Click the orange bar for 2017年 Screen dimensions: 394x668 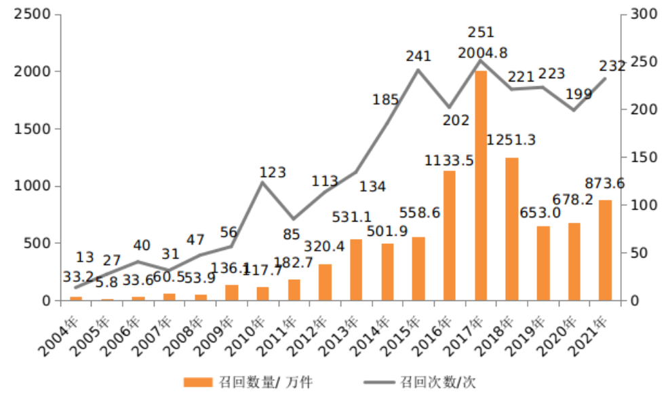tap(481, 185)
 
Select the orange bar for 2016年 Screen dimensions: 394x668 tap(450, 235)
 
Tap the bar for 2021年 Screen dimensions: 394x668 tap(606, 250)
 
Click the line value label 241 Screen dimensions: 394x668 tap(418, 56)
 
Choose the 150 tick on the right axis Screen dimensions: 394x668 tap(641, 158)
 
